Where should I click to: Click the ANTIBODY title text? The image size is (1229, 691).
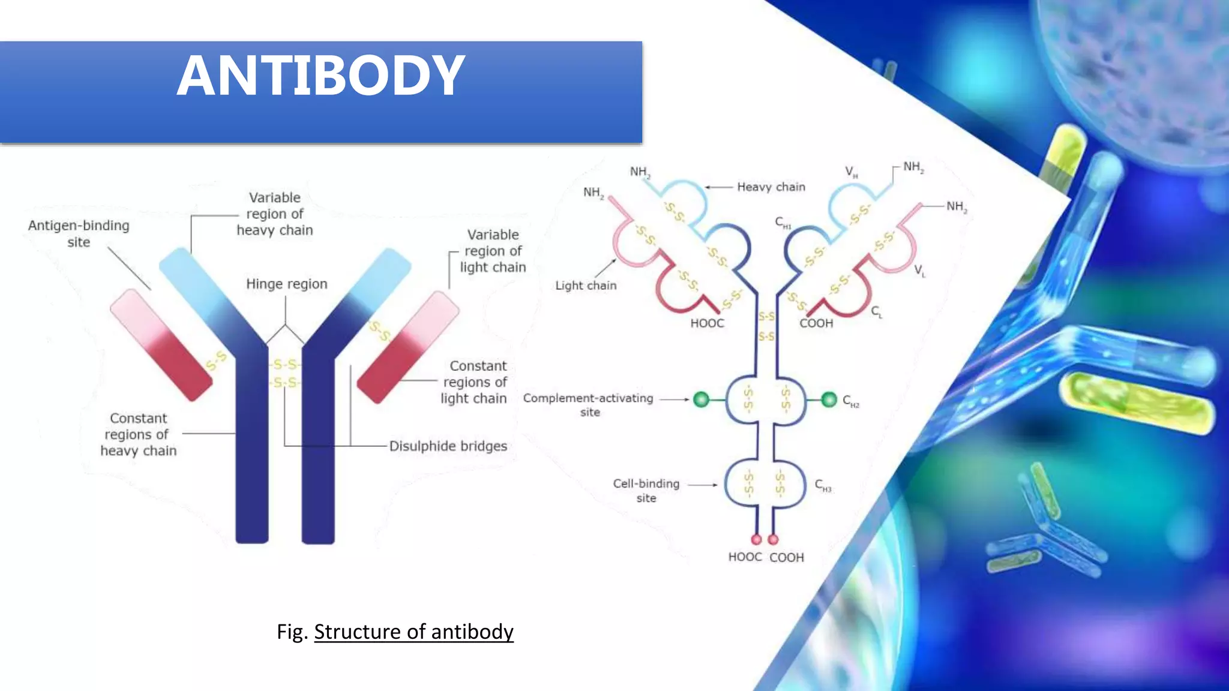tap(320, 76)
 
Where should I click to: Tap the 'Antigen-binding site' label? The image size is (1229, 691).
tap(79, 233)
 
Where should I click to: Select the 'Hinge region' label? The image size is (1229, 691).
tap(287, 284)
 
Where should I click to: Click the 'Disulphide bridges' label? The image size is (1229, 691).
tap(448, 446)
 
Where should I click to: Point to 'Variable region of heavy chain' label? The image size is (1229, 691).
tap(275, 214)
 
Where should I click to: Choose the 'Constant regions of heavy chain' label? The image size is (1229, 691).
tap(139, 434)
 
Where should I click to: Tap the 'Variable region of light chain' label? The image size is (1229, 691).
tap(493, 251)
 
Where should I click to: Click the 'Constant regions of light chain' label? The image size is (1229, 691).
tap(474, 382)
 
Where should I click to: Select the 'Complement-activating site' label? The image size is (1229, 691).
tap(588, 404)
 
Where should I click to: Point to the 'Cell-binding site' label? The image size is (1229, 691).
tap(646, 490)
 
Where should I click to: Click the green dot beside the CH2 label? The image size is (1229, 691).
tap(829, 399)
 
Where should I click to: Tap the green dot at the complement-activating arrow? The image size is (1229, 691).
tap(701, 399)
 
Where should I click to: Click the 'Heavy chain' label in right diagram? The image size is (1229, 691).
tap(771, 187)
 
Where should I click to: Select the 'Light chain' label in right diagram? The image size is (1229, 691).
tap(586, 286)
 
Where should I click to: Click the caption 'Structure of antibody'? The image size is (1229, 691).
tap(413, 632)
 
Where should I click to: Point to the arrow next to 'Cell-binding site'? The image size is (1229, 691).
tap(702, 485)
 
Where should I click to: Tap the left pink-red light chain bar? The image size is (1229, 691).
tap(161, 345)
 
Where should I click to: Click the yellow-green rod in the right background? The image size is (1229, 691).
tap(1135, 401)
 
